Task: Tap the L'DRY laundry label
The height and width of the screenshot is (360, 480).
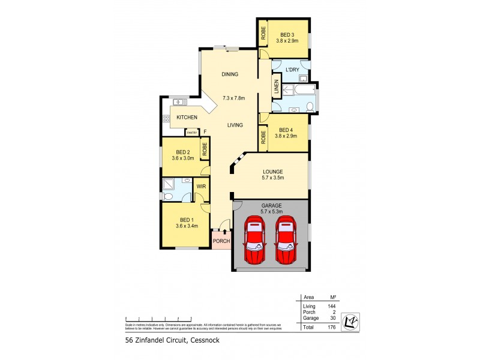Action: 292,70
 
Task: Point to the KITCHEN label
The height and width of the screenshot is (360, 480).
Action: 187,117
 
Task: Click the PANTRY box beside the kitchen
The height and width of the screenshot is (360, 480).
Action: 192,132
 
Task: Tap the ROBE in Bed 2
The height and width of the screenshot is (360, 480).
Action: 205,149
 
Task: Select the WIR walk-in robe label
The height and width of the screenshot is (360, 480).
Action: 202,187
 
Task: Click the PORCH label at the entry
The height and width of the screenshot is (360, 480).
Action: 221,242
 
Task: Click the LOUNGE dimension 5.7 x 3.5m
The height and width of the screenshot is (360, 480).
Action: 272,178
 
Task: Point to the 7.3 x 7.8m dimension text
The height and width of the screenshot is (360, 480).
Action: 235,98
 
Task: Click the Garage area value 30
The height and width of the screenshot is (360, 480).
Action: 332,319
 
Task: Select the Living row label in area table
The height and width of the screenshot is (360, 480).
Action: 308,307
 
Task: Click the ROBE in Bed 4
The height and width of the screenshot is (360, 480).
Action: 263,137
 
